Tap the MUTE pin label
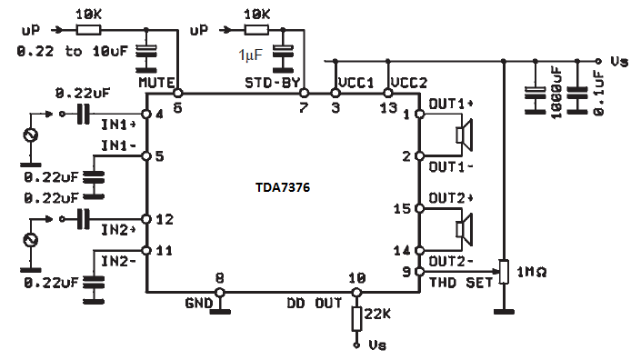point(155,82)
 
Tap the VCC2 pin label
point(406,82)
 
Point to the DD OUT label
point(314,301)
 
